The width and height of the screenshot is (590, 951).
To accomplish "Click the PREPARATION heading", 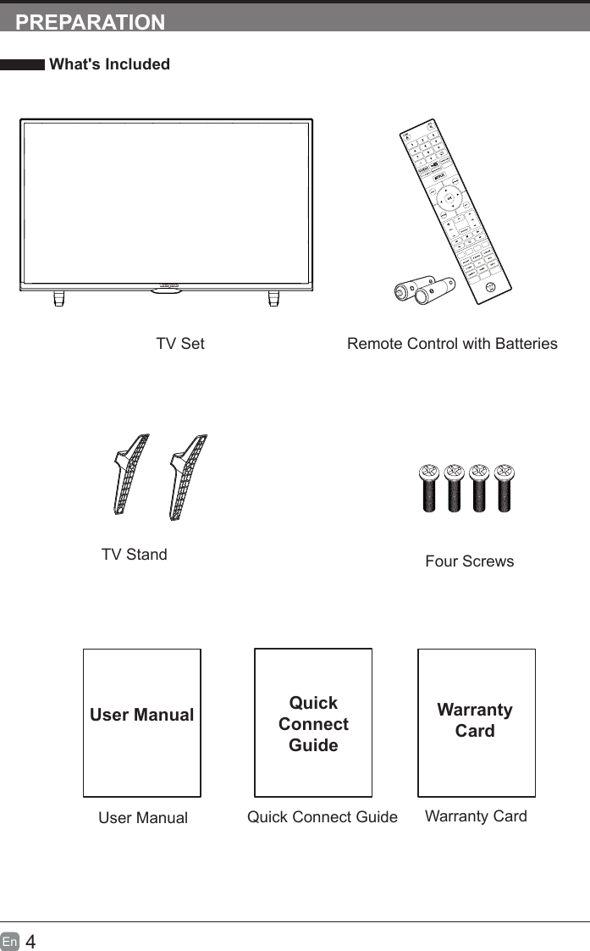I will point(91,22).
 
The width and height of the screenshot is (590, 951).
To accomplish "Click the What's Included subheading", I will point(109,64).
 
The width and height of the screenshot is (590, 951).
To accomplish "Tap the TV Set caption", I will point(179,344).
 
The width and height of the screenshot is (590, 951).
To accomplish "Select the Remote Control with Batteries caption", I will point(452,344).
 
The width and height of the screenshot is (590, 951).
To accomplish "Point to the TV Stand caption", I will point(134,555).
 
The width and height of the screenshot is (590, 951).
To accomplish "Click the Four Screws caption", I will point(469,561).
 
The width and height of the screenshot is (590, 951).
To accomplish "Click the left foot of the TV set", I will point(59,298).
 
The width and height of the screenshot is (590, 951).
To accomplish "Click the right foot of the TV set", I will point(274,298).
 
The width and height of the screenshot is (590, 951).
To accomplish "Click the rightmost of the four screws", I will point(505,488).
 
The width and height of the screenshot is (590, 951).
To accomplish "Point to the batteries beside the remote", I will point(426,290).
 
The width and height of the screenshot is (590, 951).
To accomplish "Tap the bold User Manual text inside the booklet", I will point(141,715).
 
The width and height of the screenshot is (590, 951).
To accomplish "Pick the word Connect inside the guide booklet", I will point(313,724).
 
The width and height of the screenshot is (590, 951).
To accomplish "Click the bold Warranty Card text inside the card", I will point(475,720).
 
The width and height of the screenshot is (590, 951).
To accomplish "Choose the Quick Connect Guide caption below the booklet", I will point(322,817).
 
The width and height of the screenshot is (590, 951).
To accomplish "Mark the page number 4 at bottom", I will point(30,941).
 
